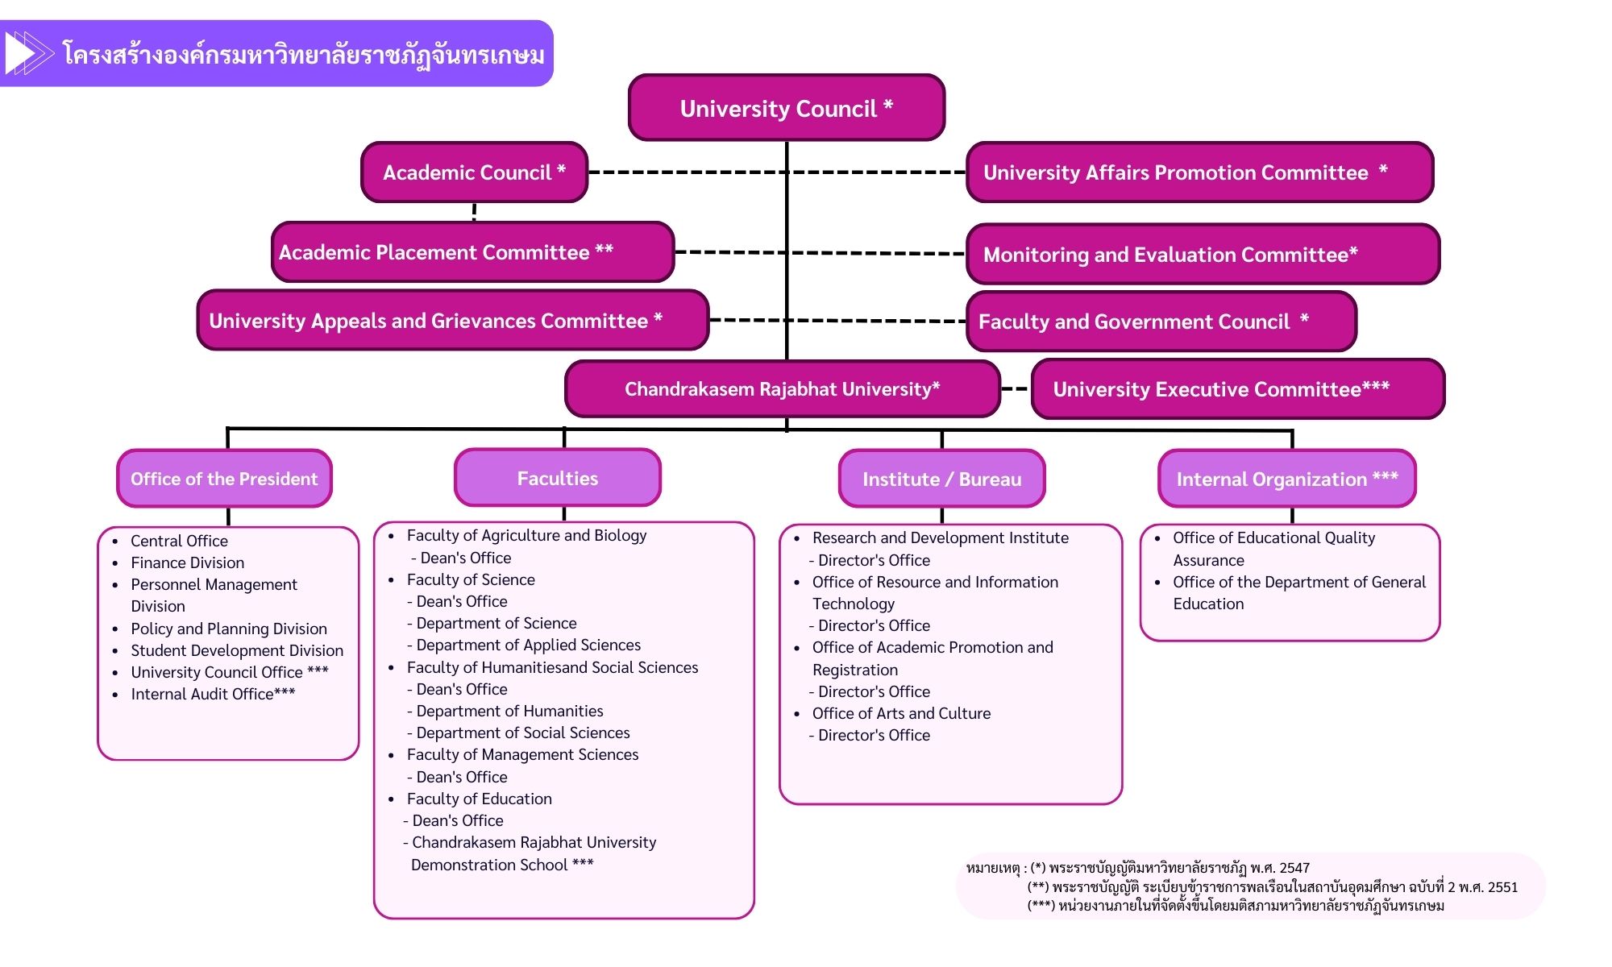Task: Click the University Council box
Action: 786,108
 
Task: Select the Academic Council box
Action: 474,172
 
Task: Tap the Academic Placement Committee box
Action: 472,252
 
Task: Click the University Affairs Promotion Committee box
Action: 1199,172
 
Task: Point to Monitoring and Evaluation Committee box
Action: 1203,255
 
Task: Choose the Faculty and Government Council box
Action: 1161,322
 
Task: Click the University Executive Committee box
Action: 1237,389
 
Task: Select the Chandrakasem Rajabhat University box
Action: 782,389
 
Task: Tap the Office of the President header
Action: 224,479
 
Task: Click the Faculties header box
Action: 557,478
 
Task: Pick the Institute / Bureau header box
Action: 941,479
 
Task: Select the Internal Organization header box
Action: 1286,479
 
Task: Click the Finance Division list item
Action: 187,562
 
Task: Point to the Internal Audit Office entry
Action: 213,694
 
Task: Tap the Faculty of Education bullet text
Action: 479,799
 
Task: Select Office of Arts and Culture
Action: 901,713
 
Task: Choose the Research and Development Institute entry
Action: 940,537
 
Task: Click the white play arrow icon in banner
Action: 21,54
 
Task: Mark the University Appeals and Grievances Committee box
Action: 452,321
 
